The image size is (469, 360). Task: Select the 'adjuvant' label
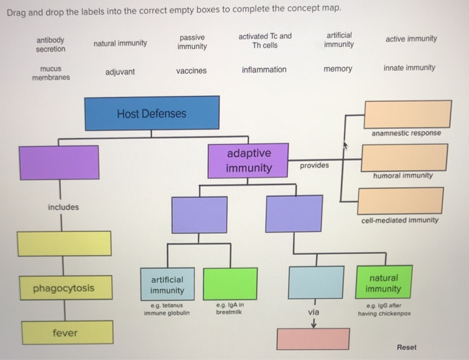(x=120, y=72)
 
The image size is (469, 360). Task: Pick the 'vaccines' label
(x=192, y=70)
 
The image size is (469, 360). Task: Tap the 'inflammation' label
(x=264, y=70)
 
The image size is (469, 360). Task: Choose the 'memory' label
(x=338, y=69)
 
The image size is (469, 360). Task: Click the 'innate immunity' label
(x=409, y=68)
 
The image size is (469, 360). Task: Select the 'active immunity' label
(x=411, y=39)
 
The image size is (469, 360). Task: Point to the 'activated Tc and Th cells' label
(x=265, y=40)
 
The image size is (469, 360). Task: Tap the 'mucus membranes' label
(x=51, y=73)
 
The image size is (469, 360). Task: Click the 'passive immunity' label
(x=192, y=42)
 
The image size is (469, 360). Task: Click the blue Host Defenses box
(x=152, y=113)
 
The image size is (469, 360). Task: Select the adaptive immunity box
(x=249, y=160)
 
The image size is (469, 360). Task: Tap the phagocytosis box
(x=64, y=289)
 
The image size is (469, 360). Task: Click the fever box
(x=65, y=333)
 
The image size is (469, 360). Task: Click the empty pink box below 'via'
(x=313, y=340)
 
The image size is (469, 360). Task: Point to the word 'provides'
(x=314, y=165)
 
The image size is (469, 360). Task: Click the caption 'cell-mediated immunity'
(x=400, y=220)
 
